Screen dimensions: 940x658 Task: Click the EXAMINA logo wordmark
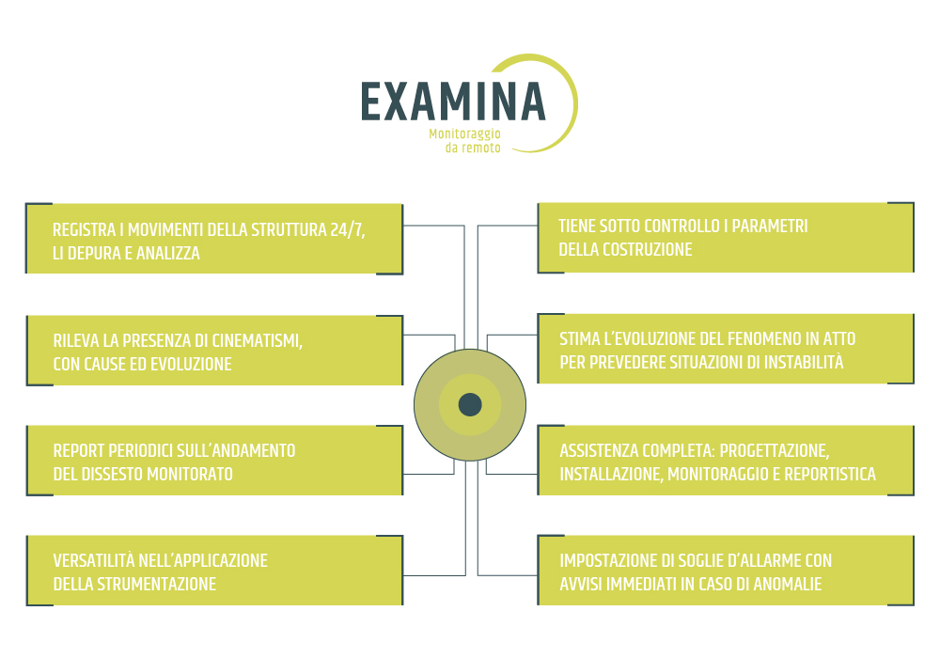tap(453, 102)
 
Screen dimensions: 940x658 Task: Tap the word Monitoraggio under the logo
tap(464, 133)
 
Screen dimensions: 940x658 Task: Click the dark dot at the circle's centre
tap(470, 404)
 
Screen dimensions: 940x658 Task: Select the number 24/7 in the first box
tap(347, 229)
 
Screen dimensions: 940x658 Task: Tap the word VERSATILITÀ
tap(93, 560)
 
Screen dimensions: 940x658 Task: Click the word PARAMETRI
tap(770, 226)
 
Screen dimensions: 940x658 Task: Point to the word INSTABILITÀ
tap(804, 362)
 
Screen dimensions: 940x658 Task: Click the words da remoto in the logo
tap(473, 148)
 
